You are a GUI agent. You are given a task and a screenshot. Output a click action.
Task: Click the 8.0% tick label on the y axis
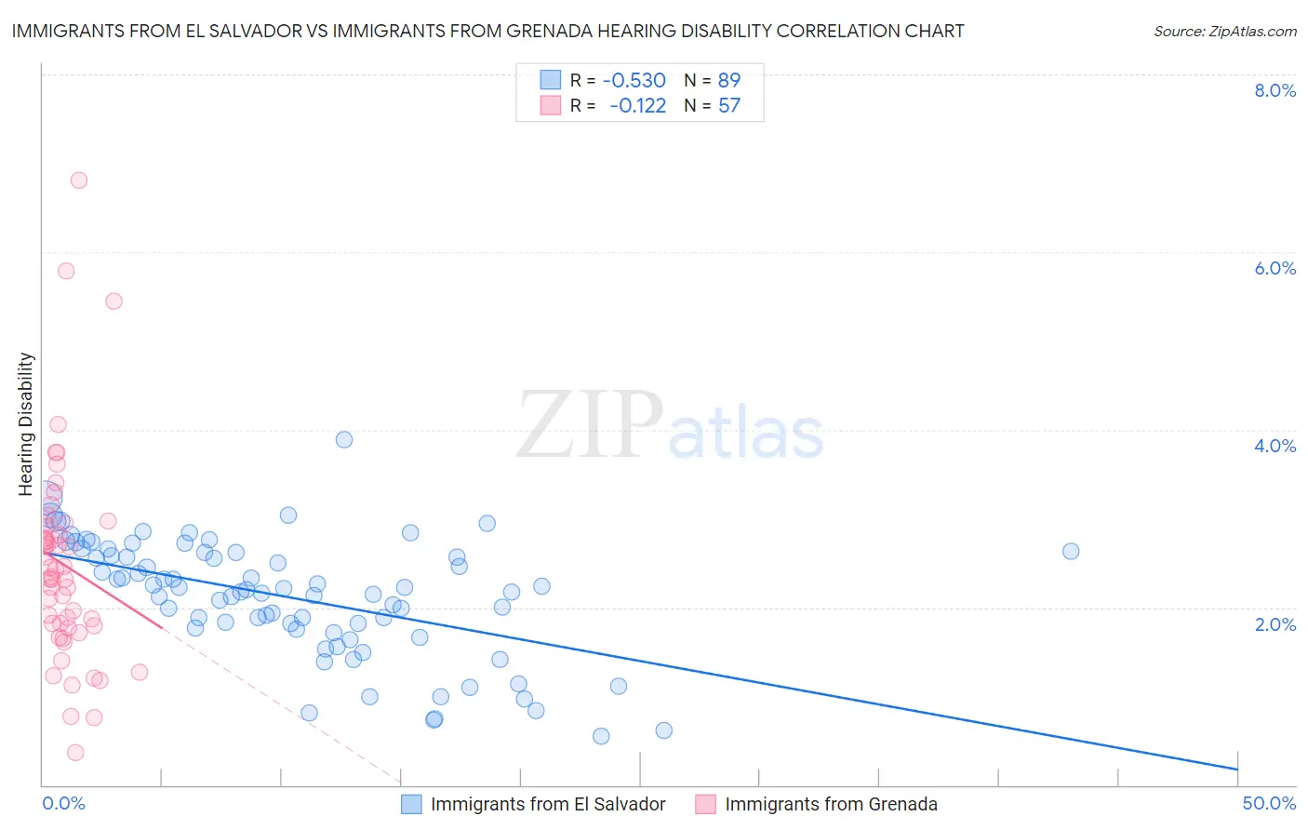pyautogui.click(x=1275, y=90)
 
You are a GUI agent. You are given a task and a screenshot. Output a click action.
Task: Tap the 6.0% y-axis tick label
pyautogui.click(x=1275, y=268)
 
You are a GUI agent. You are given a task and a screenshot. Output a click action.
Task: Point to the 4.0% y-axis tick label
pyautogui.click(x=1275, y=446)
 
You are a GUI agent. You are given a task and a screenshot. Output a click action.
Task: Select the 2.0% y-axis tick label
pyautogui.click(x=1275, y=624)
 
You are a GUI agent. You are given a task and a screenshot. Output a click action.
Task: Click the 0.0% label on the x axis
pyautogui.click(x=63, y=803)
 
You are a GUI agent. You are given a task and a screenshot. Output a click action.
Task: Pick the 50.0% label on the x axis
pyautogui.click(x=1269, y=803)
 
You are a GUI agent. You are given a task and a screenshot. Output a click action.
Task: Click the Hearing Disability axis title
pyautogui.click(x=26, y=423)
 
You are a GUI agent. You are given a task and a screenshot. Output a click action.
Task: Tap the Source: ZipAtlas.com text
pyautogui.click(x=1224, y=32)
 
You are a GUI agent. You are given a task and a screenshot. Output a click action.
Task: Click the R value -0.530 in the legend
pyautogui.click(x=634, y=81)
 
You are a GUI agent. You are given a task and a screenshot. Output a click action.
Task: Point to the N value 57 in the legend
pyautogui.click(x=729, y=106)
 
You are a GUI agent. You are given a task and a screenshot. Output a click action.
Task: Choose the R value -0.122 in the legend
pyautogui.click(x=637, y=106)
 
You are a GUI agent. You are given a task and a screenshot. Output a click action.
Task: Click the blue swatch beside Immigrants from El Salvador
pyautogui.click(x=411, y=804)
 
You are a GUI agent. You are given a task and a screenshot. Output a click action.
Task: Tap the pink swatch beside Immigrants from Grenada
pyautogui.click(x=705, y=804)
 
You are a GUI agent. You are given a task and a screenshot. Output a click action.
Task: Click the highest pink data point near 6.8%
pyautogui.click(x=79, y=181)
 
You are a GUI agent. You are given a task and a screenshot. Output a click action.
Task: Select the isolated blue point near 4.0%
pyautogui.click(x=344, y=439)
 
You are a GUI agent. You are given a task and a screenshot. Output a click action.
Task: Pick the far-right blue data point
pyautogui.click(x=1071, y=551)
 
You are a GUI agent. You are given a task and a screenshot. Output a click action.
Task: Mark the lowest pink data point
pyautogui.click(x=75, y=752)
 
